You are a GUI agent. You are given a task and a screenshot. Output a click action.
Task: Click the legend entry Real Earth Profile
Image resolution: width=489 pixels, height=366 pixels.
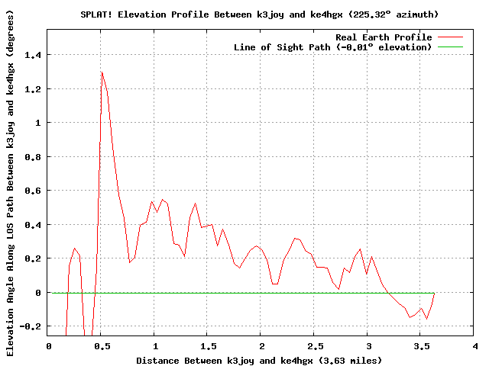(384, 37)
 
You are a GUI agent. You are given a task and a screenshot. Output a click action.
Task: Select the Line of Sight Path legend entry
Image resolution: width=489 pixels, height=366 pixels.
(332, 47)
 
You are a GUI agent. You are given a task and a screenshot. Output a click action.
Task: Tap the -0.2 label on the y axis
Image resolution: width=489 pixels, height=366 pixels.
(33, 326)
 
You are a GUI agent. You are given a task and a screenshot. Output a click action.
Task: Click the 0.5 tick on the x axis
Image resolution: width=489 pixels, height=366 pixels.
(101, 345)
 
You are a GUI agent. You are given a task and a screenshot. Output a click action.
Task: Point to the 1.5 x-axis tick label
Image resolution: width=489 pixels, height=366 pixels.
(207, 345)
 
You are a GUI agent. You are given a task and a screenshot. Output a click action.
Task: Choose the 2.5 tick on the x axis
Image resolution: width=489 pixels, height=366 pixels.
(314, 345)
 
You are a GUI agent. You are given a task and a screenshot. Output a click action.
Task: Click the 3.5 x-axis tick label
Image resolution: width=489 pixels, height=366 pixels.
(420, 345)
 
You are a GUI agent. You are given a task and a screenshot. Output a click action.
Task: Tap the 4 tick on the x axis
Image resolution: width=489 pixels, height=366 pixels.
(474, 345)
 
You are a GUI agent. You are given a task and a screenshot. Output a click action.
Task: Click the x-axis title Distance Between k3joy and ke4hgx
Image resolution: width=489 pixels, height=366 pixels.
(259, 359)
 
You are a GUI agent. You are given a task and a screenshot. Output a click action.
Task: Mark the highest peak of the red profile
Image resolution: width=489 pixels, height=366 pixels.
(102, 72)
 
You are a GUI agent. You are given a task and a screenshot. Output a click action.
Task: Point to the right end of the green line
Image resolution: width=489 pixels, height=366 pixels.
(434, 293)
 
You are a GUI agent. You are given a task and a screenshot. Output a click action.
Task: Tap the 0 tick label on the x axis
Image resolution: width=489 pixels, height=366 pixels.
(48, 345)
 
